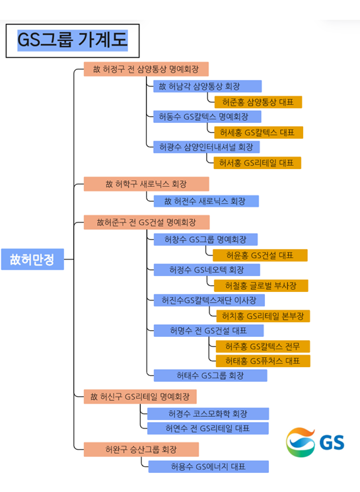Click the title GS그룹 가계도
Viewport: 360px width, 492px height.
pos(73,40)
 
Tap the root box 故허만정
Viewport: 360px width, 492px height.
pos(32,259)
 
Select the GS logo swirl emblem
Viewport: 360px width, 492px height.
pos(301,442)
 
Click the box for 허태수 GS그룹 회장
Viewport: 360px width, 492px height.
pos(210,375)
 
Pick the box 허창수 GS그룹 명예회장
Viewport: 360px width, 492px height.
pos(205,240)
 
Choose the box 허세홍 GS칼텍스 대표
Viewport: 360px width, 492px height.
pos(259,133)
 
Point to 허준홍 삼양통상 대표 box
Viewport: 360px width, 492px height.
pos(258,102)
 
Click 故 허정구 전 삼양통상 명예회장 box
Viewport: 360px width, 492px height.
pos(146,69)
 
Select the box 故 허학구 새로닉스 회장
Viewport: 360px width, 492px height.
pos(146,184)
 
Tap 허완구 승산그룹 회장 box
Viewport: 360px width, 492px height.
pos(141,449)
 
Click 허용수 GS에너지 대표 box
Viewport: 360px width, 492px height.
pos(209,467)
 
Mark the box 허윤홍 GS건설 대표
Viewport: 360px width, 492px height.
pos(260,255)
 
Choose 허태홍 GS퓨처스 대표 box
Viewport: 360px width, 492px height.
pos(263,361)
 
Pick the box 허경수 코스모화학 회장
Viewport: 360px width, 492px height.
pos(208,413)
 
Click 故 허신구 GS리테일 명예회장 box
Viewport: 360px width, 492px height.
pos(140,397)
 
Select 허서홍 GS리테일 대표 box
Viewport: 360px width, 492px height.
pos(258,163)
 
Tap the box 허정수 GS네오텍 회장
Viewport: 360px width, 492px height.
pos(207,270)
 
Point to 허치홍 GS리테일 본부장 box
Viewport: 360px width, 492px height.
pos(263,316)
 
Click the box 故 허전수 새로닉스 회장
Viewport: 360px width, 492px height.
pos(206,201)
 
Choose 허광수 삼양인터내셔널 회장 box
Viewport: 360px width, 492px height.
pos(207,147)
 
